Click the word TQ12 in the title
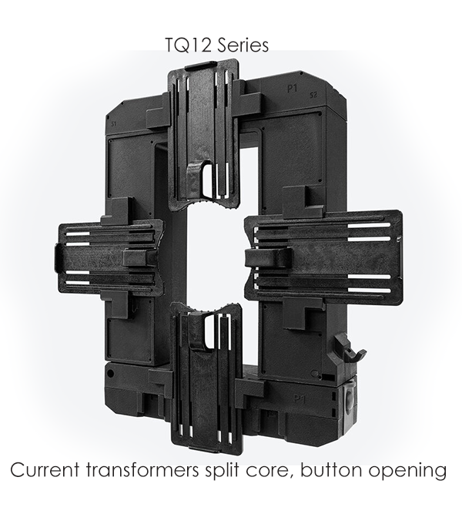[x=188, y=45]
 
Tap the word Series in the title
[x=243, y=45]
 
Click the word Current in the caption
[x=45, y=470]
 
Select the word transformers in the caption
[x=143, y=470]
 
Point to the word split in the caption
[x=223, y=470]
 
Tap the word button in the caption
[x=331, y=470]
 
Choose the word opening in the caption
[x=407, y=472]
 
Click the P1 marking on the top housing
[x=292, y=89]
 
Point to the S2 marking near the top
[x=313, y=96]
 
